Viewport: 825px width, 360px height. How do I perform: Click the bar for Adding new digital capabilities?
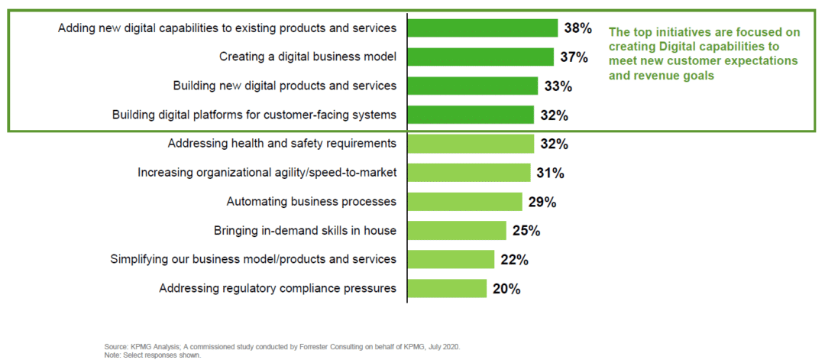(482, 28)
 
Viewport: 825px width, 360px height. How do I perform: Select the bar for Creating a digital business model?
(480, 57)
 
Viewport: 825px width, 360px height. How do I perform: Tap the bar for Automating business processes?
(464, 202)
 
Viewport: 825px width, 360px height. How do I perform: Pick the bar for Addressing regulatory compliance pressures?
(447, 288)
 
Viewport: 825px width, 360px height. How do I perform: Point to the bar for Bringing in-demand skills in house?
(457, 231)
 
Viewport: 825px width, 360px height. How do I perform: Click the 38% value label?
(577, 28)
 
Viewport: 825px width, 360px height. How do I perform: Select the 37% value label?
(574, 57)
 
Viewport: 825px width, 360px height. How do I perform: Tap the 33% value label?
(558, 86)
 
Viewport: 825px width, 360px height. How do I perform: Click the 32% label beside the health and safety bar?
(554, 144)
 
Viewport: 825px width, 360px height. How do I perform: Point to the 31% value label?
(550, 174)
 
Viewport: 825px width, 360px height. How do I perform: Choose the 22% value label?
(514, 260)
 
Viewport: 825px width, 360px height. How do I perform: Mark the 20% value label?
(506, 289)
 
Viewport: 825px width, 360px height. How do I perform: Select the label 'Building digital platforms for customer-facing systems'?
(254, 115)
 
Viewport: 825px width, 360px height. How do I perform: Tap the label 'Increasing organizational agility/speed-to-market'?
(267, 173)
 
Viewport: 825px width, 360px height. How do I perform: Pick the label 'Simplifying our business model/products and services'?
(254, 259)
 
